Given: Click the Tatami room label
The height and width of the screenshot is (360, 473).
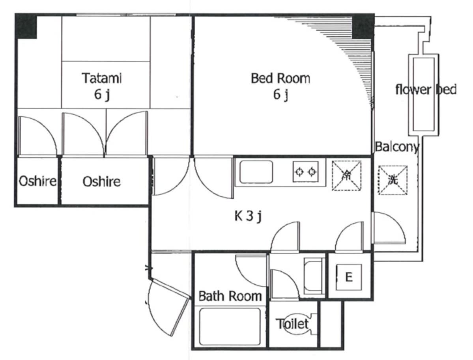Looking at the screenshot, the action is (x=102, y=86).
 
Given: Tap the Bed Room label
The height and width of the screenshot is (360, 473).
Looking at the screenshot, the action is (x=280, y=86).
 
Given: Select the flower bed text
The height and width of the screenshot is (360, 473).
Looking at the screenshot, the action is (x=426, y=90).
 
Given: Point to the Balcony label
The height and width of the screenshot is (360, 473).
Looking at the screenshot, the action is (x=397, y=147).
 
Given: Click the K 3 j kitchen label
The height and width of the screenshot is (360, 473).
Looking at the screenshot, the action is (x=248, y=216).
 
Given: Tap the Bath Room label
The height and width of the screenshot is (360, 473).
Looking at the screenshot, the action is (x=230, y=296).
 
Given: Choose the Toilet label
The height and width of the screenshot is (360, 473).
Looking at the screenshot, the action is (x=292, y=324).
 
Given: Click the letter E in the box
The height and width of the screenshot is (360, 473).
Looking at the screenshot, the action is (x=349, y=277).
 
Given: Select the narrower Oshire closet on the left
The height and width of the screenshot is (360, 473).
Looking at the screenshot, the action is (x=37, y=181).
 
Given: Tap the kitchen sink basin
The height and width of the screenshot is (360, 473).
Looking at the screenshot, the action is (x=256, y=172).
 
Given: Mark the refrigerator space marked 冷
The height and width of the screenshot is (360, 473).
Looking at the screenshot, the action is (x=347, y=175).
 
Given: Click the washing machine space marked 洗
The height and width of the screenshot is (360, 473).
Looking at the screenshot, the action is (x=393, y=180).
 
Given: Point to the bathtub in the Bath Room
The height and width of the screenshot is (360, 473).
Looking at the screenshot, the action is (x=230, y=326).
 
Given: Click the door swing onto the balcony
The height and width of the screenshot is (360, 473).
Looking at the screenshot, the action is (x=389, y=228).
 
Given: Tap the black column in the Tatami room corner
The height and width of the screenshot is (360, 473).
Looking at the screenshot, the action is (x=26, y=26).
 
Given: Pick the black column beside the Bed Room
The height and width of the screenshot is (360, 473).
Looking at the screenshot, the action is (x=363, y=26).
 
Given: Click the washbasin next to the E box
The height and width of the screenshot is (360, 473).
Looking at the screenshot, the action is (x=314, y=276).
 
